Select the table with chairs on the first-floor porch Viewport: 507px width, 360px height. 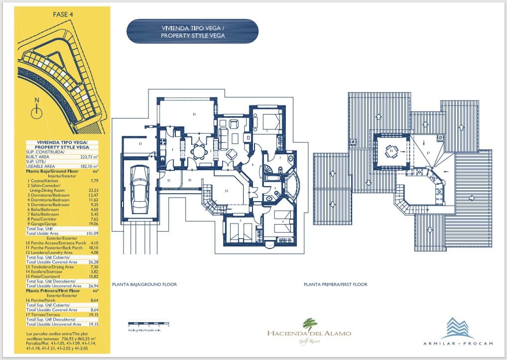click(x=391, y=151)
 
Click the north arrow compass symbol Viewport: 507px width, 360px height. click(x=36, y=107)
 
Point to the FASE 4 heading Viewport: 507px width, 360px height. click(x=63, y=14)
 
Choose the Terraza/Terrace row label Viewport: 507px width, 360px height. click(x=44, y=315)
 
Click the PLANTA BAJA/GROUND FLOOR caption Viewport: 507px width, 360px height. click(x=144, y=285)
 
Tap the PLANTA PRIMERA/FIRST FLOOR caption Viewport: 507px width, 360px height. click(x=335, y=285)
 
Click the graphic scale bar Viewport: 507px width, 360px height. click(x=148, y=324)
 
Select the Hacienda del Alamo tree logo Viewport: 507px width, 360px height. click(x=309, y=324)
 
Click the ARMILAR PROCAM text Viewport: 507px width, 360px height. click(x=458, y=344)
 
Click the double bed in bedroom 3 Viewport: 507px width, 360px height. click(x=269, y=121)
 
